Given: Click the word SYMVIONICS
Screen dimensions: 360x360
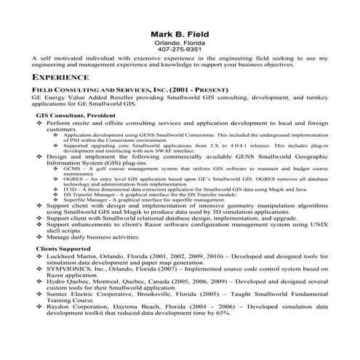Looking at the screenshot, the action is coord(68,268).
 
